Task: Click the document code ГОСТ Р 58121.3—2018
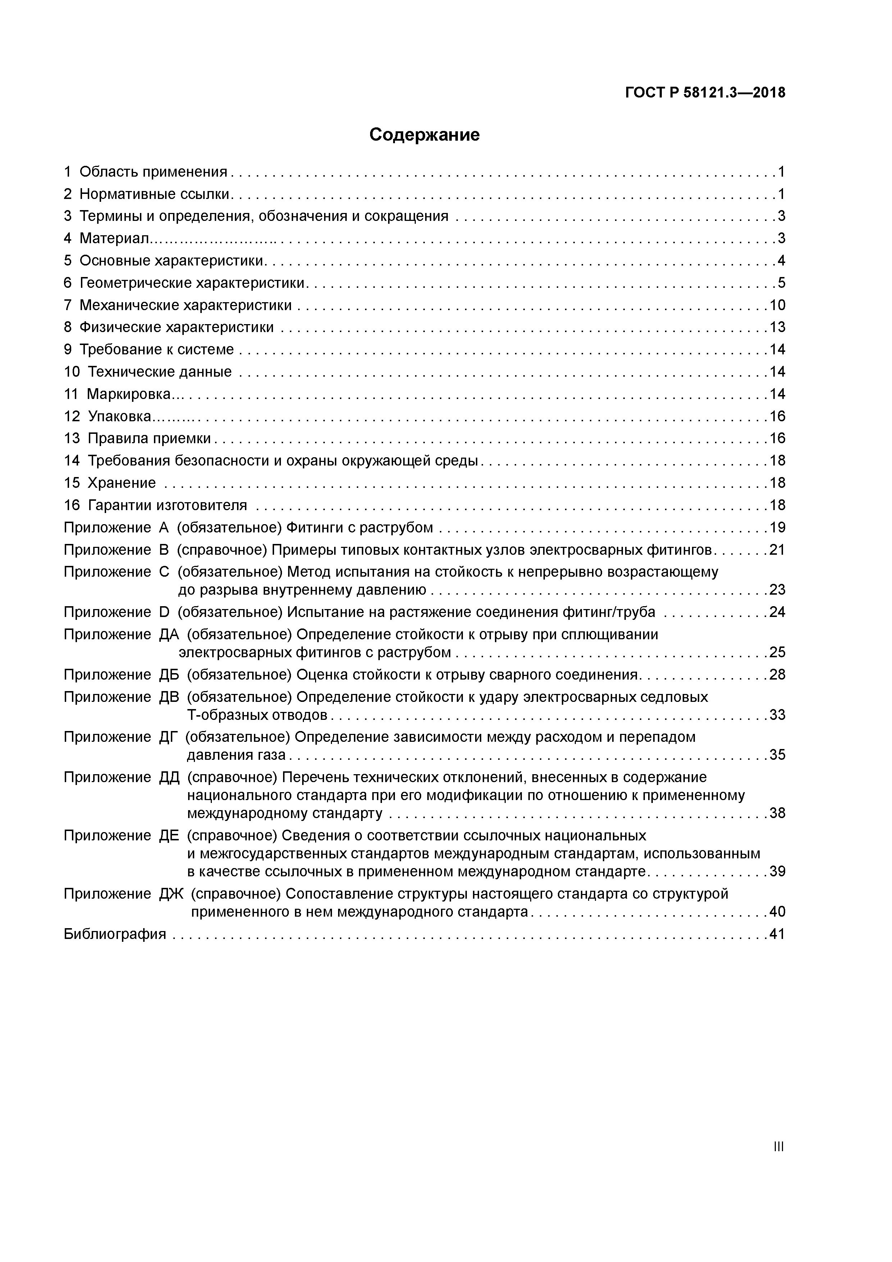705,92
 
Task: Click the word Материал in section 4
114,239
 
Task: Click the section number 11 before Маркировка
72,394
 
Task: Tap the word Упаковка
119,417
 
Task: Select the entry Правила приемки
150,439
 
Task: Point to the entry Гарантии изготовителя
167,505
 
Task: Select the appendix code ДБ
169,675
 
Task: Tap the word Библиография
115,934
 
